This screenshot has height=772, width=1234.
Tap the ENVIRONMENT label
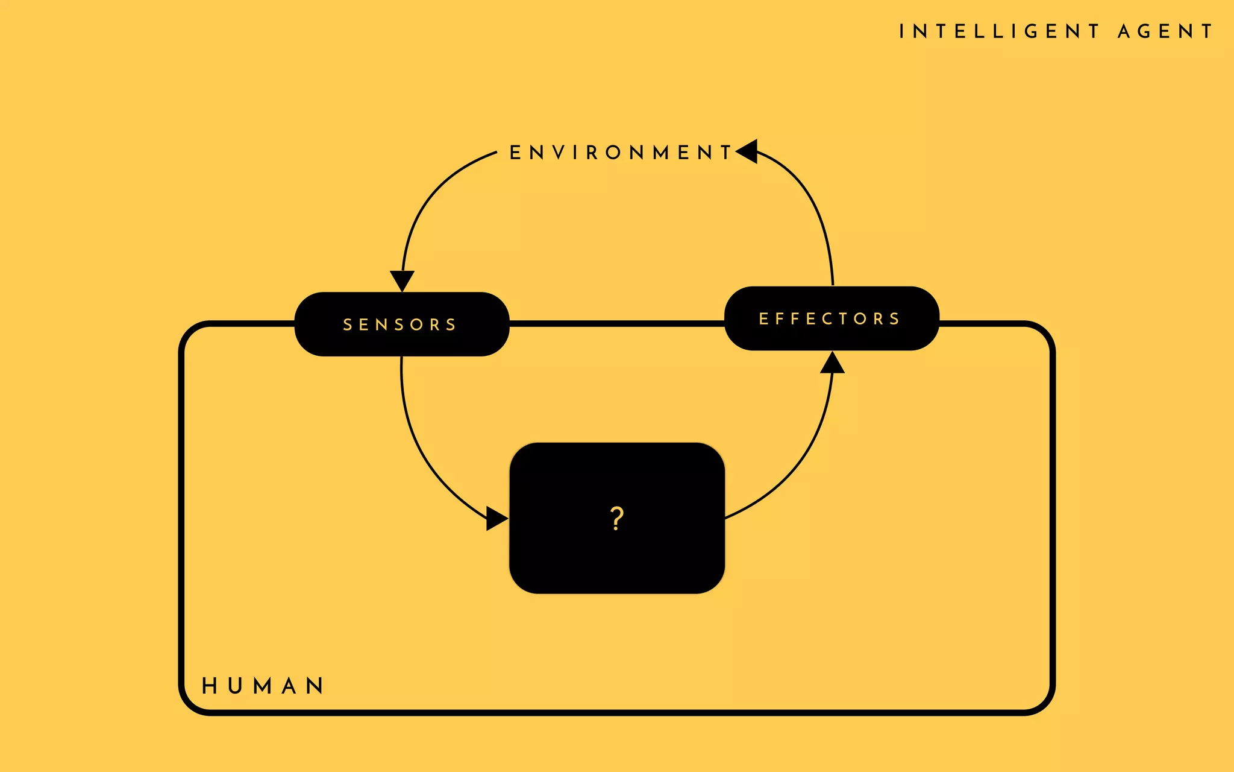point(621,153)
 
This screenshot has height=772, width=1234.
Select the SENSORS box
point(401,324)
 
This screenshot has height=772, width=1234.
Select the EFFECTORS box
point(831,318)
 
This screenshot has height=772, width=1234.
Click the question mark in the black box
point(616,519)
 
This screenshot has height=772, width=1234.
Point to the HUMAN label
point(263,686)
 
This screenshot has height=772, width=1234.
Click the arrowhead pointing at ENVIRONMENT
point(748,151)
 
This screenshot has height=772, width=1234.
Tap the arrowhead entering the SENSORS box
point(402,280)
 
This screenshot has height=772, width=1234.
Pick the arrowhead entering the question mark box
point(496,519)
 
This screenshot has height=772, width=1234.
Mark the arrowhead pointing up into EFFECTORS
point(832,363)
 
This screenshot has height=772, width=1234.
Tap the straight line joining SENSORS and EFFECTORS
point(616,324)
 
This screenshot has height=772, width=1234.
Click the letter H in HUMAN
point(209,686)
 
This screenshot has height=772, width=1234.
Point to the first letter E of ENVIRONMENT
point(515,153)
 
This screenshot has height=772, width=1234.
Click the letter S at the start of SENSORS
point(348,325)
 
